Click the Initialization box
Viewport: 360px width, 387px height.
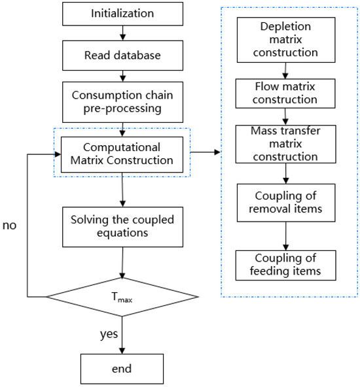tap(122, 14)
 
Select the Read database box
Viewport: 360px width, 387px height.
tap(122, 56)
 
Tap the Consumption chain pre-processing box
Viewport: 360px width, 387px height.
tap(122, 102)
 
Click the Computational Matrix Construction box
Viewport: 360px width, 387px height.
tap(122, 154)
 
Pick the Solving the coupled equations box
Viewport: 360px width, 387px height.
tap(122, 227)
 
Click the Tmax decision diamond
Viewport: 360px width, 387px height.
tap(122, 297)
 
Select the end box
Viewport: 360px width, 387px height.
tap(122, 369)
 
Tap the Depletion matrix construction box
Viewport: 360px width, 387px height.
tap(286, 40)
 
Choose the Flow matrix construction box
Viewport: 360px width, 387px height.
tap(285, 93)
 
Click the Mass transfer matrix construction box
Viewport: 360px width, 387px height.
tap(285, 144)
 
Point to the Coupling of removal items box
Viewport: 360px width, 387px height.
tap(286, 203)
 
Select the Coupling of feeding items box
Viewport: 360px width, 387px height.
tap(285, 265)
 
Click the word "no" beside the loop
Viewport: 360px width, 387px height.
tap(9, 226)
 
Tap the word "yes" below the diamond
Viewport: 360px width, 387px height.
tap(109, 335)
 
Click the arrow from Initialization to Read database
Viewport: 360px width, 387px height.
tap(122, 33)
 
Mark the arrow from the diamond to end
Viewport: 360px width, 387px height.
tap(122, 335)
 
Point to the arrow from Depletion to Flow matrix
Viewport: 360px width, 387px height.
tap(285, 71)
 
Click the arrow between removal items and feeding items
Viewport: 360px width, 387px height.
tap(286, 236)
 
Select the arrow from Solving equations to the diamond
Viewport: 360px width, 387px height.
tap(122, 263)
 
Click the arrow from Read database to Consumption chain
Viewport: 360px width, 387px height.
tap(122, 76)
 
